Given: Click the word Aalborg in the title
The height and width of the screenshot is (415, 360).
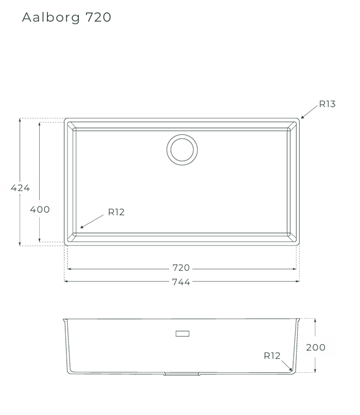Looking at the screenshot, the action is pyautogui.click(x=51, y=18).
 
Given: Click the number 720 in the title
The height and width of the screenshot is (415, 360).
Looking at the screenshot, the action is pyautogui.click(x=98, y=17).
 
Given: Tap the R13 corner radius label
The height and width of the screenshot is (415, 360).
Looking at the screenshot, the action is pyautogui.click(x=327, y=104).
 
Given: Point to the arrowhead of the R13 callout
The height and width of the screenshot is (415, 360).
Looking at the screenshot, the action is pyautogui.click(x=303, y=117).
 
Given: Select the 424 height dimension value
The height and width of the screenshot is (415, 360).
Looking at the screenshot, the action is pyautogui.click(x=20, y=188).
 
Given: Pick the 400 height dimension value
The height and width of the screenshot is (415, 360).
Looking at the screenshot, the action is pyautogui.click(x=40, y=209).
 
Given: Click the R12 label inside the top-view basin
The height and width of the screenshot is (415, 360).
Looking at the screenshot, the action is pyautogui.click(x=116, y=212).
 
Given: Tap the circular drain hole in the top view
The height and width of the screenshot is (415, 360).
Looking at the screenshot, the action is pyautogui.click(x=182, y=149).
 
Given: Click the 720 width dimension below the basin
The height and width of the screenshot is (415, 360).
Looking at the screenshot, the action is pyautogui.click(x=181, y=268).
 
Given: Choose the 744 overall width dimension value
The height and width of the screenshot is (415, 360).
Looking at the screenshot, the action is pyautogui.click(x=181, y=282).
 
